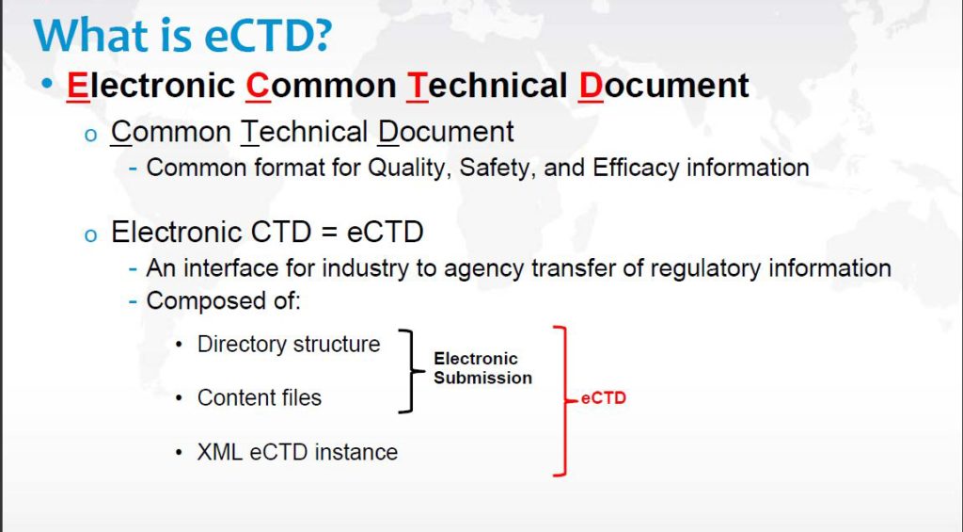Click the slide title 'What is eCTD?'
tap(183, 35)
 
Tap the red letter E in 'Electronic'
tap(76, 86)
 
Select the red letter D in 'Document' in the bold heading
tap(591, 86)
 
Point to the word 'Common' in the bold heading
tap(321, 86)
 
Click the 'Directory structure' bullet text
tap(288, 345)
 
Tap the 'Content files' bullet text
tap(259, 398)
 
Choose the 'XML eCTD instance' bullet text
tap(297, 452)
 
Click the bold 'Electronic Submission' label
tap(481, 368)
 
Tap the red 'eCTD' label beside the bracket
tap(603, 398)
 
